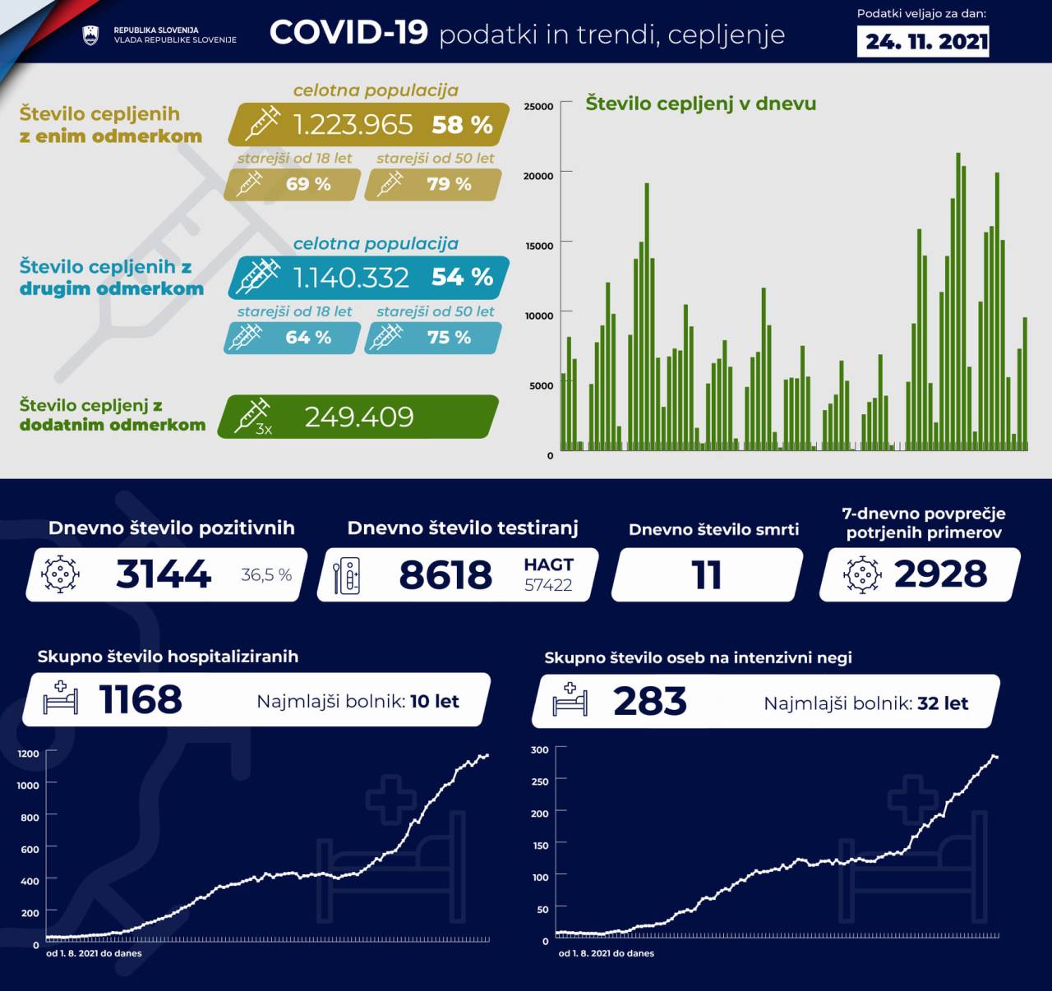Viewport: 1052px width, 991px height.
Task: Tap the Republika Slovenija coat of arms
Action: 91,35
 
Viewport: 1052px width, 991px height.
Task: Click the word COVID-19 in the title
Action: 348,33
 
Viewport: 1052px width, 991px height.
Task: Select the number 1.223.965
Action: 353,125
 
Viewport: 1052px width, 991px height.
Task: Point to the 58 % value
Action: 462,125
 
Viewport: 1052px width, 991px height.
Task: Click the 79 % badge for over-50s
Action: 449,184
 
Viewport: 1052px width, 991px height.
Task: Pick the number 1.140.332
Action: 351,278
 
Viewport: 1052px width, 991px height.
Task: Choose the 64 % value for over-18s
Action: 308,338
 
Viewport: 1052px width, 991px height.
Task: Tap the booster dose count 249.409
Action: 359,417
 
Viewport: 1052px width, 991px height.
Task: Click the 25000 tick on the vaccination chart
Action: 538,106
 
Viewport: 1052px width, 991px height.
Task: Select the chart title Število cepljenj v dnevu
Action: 700,104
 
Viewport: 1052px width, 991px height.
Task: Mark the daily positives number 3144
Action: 164,574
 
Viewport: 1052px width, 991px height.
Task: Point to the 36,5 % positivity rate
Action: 266,575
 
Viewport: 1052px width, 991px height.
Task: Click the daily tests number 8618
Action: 445,574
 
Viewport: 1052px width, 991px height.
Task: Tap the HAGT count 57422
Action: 548,585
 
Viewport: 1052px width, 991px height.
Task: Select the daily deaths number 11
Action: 707,574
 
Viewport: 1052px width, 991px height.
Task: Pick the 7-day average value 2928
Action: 940,574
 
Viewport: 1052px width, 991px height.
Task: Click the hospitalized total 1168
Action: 141,700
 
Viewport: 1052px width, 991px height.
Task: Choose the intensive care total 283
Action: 649,702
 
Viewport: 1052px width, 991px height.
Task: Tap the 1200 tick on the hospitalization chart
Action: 28,754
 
